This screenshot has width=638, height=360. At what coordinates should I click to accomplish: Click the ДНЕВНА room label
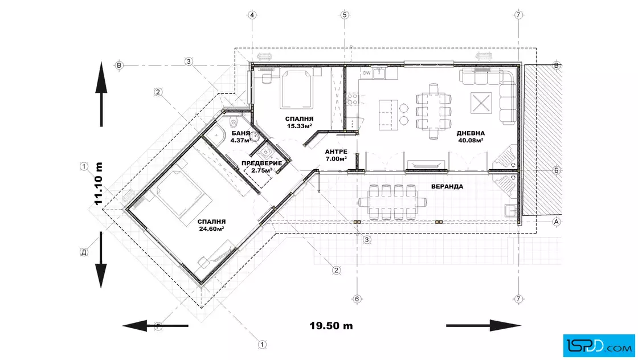[471, 133]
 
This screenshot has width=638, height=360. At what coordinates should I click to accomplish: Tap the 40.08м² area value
[471, 140]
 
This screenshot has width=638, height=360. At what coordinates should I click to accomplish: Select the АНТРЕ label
[336, 152]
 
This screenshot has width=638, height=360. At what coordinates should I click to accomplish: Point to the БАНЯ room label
[241, 133]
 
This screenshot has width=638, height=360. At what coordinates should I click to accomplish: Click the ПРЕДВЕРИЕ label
[261, 163]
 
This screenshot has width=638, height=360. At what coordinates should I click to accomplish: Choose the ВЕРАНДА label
[447, 186]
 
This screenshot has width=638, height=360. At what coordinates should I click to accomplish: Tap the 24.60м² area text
[211, 228]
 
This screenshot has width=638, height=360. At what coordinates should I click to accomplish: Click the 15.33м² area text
[300, 126]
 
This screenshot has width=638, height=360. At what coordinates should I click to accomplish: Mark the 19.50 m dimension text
[331, 326]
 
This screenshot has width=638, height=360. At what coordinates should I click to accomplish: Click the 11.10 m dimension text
[98, 183]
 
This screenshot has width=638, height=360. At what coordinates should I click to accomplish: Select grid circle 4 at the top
[252, 15]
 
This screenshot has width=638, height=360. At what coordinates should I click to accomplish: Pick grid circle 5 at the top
[345, 15]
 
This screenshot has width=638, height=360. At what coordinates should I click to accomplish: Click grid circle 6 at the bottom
[357, 299]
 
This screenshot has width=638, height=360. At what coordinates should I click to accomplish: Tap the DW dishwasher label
[367, 73]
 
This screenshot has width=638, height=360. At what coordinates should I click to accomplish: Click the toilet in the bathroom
[234, 122]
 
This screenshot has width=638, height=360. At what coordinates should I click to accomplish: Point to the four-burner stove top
[353, 100]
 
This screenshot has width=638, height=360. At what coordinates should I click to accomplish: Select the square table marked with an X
[481, 103]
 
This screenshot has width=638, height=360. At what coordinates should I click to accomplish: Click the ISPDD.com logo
[599, 346]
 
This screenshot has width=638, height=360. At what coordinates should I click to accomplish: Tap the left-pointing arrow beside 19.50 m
[156, 325]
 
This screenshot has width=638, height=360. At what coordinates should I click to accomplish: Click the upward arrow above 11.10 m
[101, 94]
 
